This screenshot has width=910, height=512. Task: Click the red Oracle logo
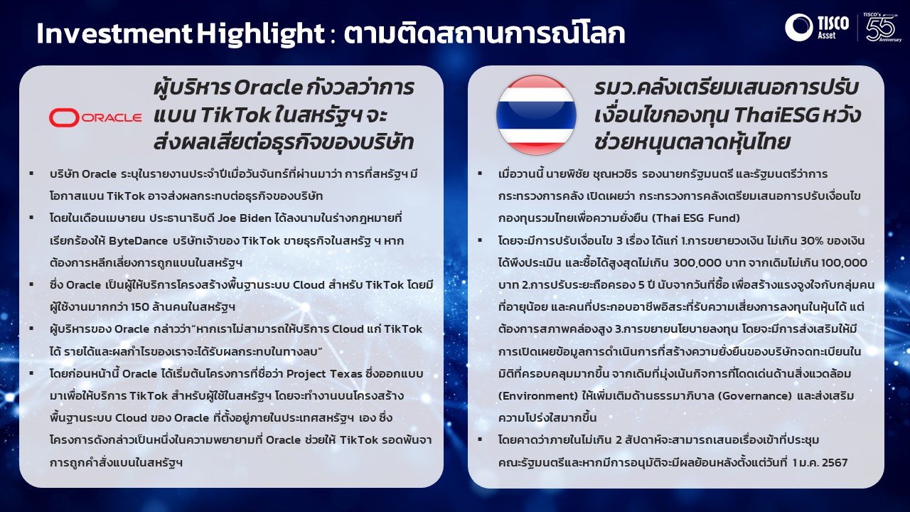[95, 118]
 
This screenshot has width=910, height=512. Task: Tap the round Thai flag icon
[536, 115]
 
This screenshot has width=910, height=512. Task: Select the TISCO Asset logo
[817, 27]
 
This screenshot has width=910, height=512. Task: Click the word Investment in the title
[114, 33]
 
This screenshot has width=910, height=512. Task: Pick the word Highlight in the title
[261, 34]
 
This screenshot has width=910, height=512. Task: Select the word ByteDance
[138, 240]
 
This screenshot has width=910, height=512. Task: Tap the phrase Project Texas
[324, 374]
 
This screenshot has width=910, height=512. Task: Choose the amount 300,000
[697, 263]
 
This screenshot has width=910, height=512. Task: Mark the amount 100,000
[844, 263]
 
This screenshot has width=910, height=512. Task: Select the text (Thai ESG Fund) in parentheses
[696, 218]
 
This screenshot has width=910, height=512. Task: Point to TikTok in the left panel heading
[235, 115]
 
